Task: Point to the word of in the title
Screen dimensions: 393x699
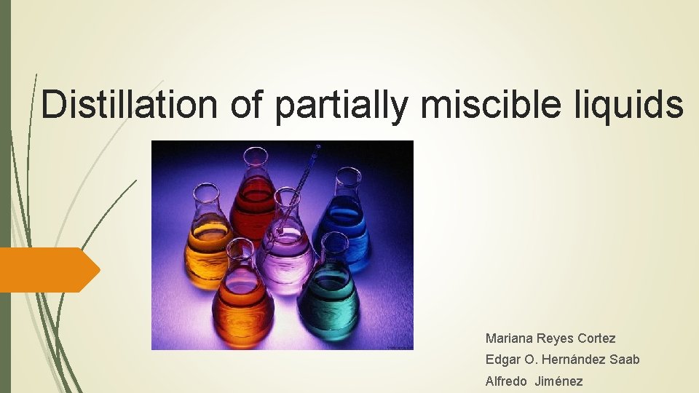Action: click(x=249, y=105)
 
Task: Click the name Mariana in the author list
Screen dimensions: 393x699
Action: click(x=510, y=338)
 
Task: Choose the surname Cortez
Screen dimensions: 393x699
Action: click(x=596, y=338)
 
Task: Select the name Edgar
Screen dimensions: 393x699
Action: click(x=502, y=360)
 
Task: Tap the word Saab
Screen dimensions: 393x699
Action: click(x=626, y=360)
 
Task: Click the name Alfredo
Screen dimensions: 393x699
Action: click(x=506, y=381)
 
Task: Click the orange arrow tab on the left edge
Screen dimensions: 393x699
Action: click(x=47, y=269)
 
